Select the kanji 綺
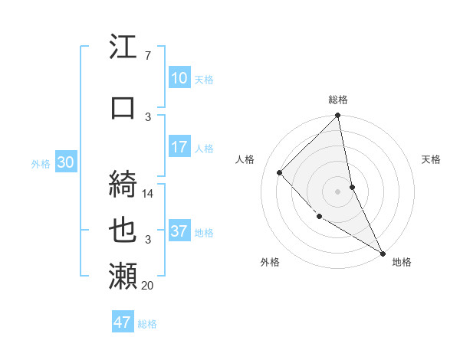(123, 182)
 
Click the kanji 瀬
(123, 274)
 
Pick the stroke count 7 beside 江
(147, 56)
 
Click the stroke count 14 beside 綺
(149, 194)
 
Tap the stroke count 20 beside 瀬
(147, 286)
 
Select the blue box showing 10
(179, 78)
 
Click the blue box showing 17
(179, 147)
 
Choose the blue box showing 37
(179, 231)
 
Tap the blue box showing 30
(65, 162)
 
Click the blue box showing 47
(123, 322)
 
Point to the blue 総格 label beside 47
(147, 324)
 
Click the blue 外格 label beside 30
(41, 164)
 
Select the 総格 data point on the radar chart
(338, 116)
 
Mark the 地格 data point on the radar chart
(383, 253)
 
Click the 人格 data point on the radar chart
(280, 172)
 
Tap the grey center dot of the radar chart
(338, 191)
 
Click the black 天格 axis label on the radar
(432, 159)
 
